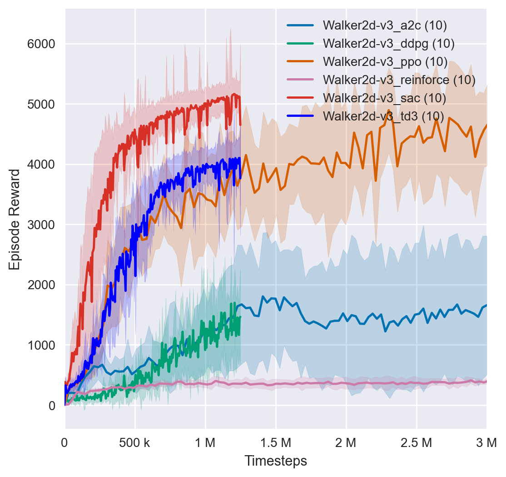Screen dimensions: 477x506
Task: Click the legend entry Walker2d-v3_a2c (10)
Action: tap(384, 25)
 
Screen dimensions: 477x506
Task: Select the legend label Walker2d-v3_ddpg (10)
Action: tap(388, 44)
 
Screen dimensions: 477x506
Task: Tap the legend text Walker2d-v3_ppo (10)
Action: tap(385, 61)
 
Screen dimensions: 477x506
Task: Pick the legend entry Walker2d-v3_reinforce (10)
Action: tap(399, 80)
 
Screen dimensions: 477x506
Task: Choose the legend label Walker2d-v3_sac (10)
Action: tap(384, 98)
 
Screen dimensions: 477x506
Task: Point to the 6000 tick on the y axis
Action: tap(41, 44)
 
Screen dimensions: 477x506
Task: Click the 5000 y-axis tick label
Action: tap(41, 105)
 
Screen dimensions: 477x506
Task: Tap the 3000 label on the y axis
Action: tap(41, 225)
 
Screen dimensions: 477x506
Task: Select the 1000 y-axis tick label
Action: tap(41, 346)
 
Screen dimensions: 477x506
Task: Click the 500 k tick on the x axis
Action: tap(135, 442)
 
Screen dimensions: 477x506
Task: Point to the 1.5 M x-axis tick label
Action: tap(276, 442)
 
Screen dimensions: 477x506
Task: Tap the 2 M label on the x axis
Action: tap(346, 442)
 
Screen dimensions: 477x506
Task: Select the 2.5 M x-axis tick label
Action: tap(417, 442)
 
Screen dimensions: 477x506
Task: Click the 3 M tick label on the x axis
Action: tap(486, 442)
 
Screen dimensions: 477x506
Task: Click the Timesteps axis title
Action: tap(276, 461)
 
